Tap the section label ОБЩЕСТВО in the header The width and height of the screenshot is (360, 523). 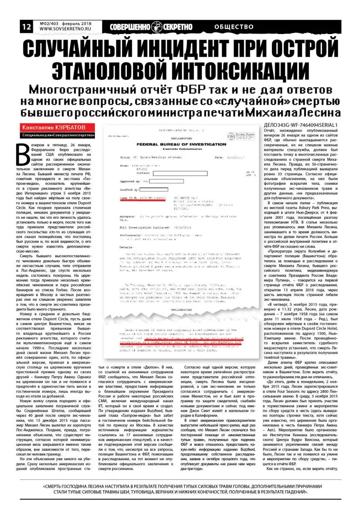tap(234, 27)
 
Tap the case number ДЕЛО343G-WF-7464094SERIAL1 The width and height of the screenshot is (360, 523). tap(301, 125)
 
